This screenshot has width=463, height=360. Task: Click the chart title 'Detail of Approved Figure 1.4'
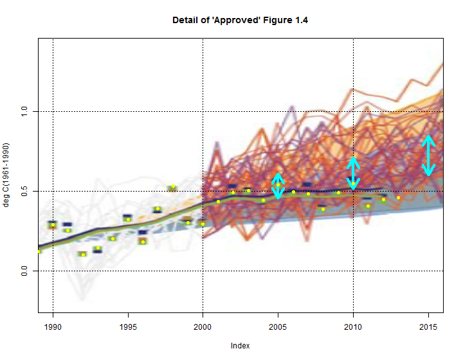click(240, 21)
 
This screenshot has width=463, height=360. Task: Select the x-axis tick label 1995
click(128, 325)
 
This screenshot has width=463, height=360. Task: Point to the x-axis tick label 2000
click(203, 325)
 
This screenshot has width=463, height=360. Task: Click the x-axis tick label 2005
click(278, 325)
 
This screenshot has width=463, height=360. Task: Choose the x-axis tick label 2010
click(354, 325)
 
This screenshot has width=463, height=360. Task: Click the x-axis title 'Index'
click(240, 346)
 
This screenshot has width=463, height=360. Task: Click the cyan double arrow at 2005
click(278, 186)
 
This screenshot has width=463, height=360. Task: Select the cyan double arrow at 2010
click(354, 172)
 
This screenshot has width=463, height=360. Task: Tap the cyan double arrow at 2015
click(429, 156)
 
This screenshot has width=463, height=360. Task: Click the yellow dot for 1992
click(83, 255)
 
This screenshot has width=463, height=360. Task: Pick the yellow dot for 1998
click(173, 186)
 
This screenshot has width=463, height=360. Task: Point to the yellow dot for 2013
click(399, 197)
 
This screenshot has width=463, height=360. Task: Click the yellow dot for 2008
click(323, 209)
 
